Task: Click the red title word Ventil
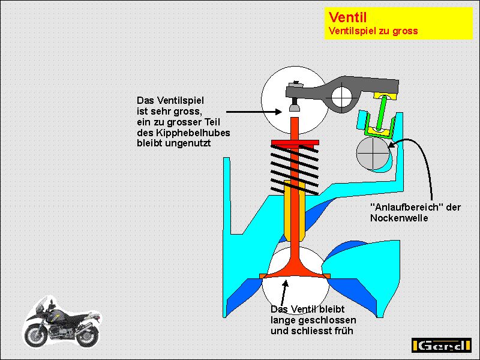pyautogui.click(x=347, y=17)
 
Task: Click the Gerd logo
pyautogui.click(x=442, y=346)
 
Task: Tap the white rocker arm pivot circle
pyautogui.click(x=344, y=94)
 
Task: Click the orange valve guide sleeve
pyautogui.click(x=295, y=207)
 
